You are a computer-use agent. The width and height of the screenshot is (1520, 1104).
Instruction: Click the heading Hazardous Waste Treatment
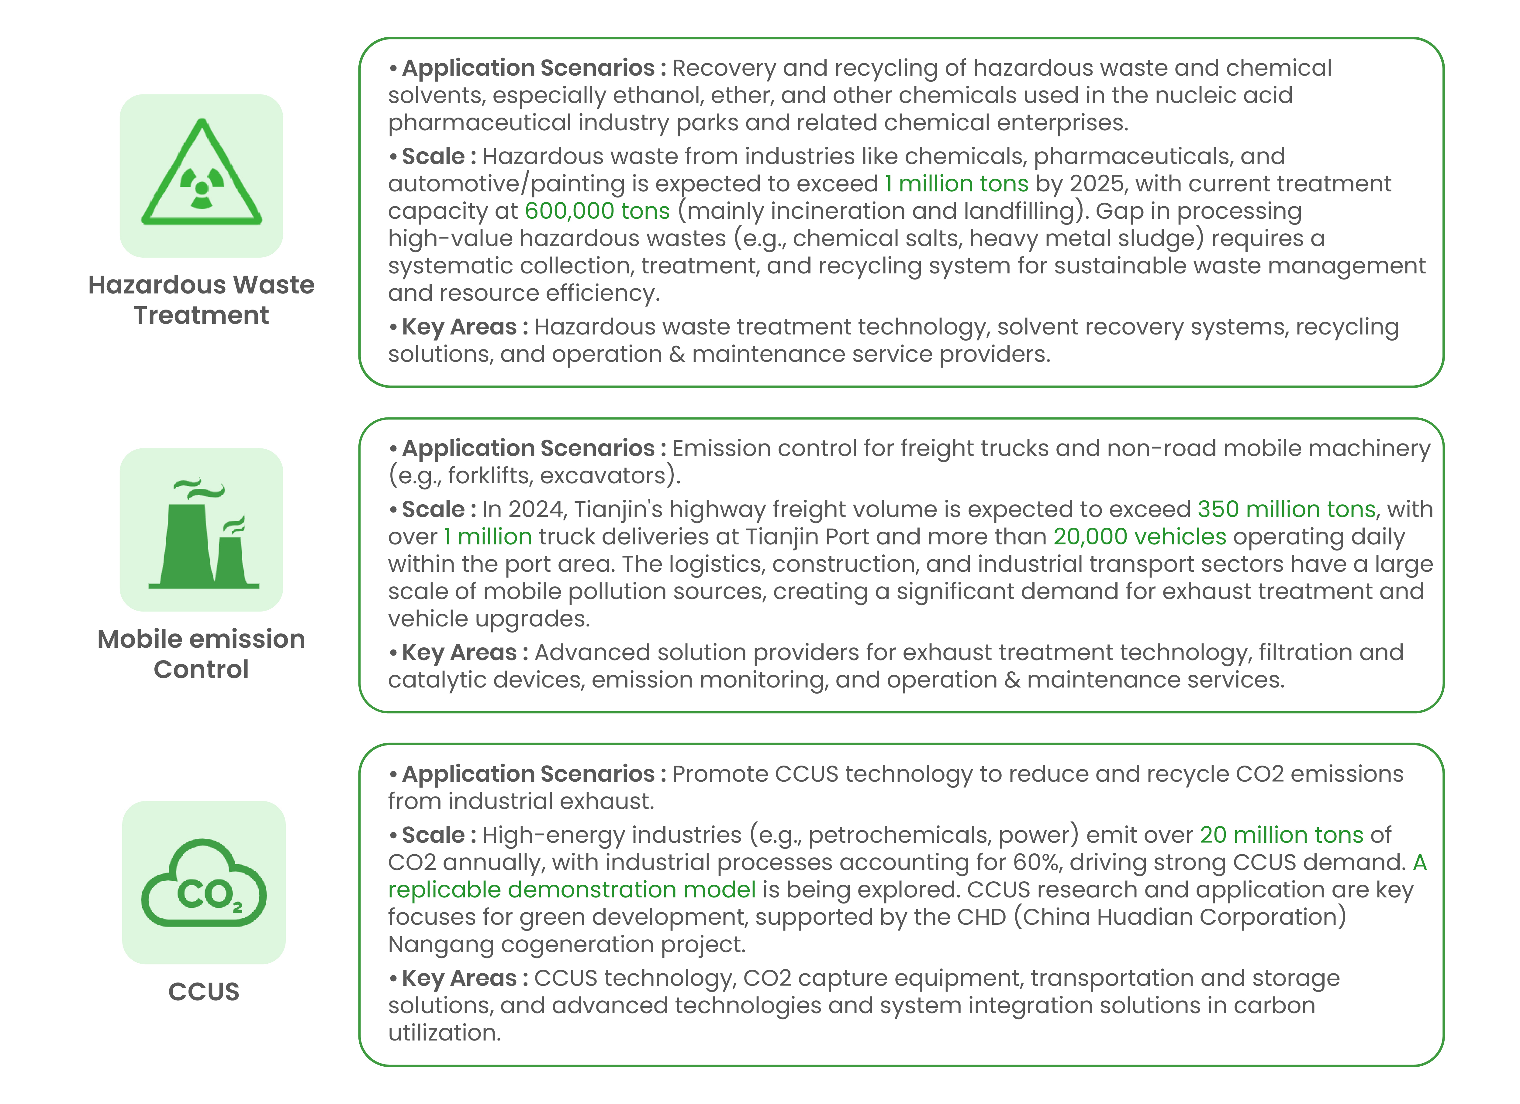click(x=201, y=300)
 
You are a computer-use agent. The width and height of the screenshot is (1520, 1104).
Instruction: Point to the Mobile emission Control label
click(x=201, y=654)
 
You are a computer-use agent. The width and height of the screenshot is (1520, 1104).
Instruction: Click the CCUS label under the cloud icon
click(x=204, y=992)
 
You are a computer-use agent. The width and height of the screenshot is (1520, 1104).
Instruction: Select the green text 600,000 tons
click(x=597, y=211)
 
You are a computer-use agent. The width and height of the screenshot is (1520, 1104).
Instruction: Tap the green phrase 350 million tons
click(x=1286, y=510)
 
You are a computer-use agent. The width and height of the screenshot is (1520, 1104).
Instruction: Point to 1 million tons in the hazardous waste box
click(x=956, y=183)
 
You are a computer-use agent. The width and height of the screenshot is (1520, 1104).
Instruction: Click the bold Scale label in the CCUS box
click(x=433, y=835)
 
